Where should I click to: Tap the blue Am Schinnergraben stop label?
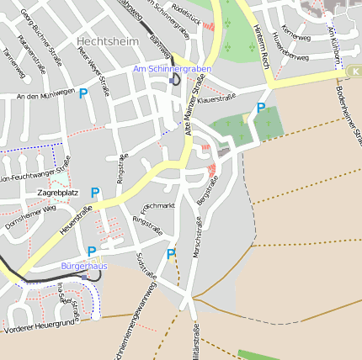point(172,68)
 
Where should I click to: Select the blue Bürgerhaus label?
point(84,266)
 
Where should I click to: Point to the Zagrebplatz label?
point(58,193)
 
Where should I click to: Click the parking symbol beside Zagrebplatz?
point(95,193)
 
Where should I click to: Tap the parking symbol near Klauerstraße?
point(261,108)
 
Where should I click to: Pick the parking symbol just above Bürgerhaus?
point(92,251)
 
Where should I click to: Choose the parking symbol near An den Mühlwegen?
point(83,94)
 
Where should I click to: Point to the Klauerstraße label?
point(216,99)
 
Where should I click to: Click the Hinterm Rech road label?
point(259,46)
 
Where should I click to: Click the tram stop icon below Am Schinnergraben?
point(174,79)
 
